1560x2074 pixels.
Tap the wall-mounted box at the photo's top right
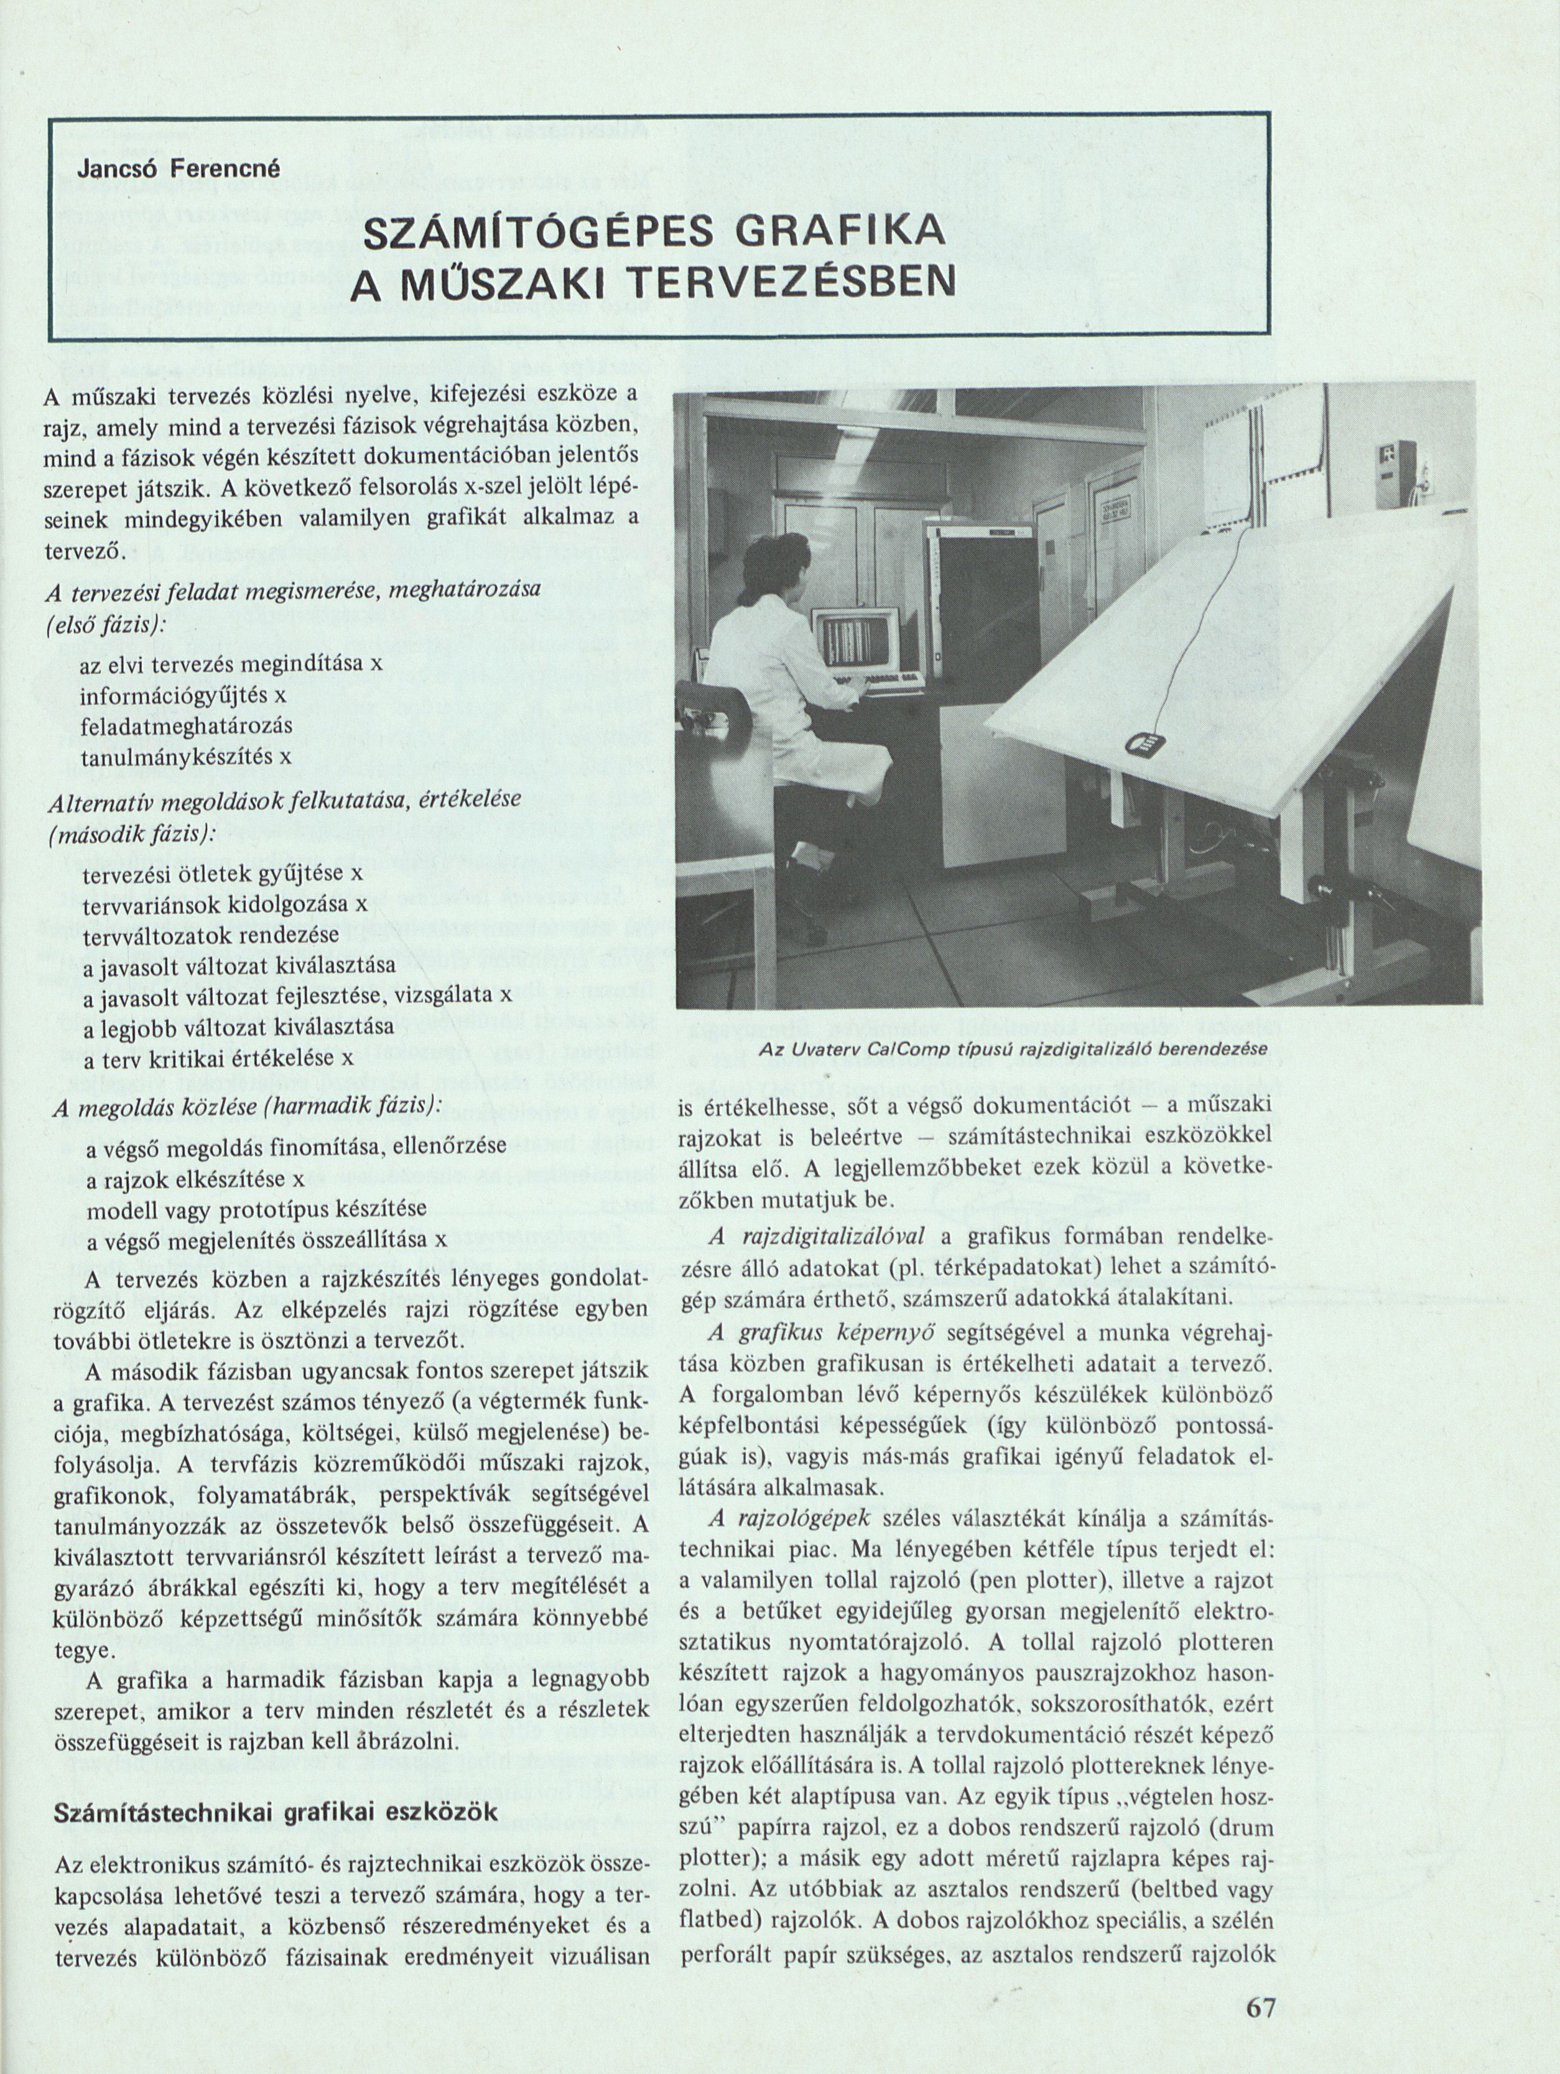1391,458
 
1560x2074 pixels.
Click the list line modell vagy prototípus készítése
257,1209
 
